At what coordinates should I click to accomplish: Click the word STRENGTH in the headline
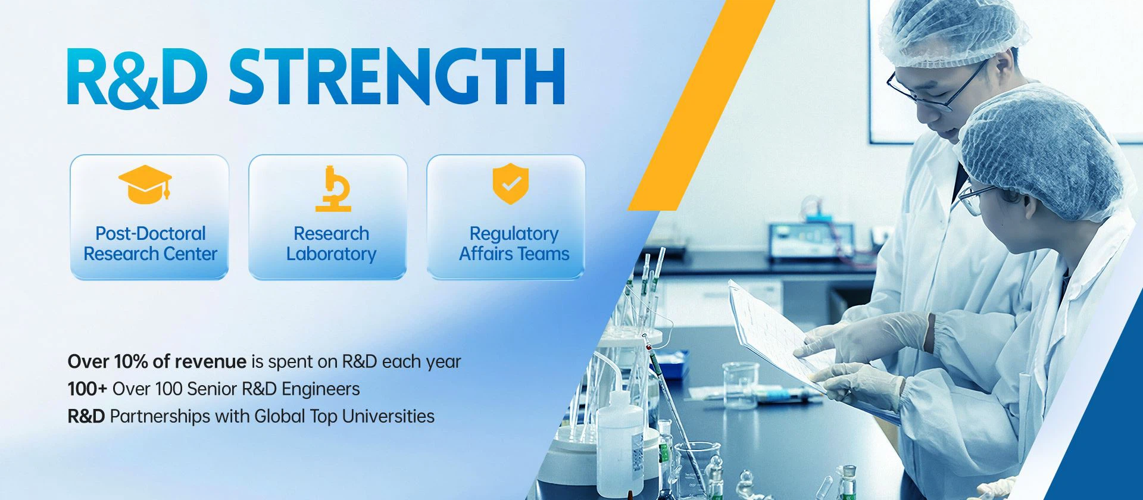[x=396, y=77]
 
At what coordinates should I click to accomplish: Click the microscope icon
[x=333, y=189]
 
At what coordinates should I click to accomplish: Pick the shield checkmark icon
[x=510, y=184]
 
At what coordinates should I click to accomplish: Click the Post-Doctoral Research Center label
[x=150, y=243]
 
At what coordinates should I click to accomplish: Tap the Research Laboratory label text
[x=331, y=243]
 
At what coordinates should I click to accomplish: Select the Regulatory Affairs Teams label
[x=514, y=243]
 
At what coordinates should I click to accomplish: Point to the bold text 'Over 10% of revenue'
[x=157, y=361]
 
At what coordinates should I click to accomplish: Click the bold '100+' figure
[x=87, y=389]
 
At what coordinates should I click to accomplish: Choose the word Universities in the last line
[x=388, y=416]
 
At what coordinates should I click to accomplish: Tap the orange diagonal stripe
[x=701, y=105]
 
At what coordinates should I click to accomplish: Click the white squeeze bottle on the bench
[x=620, y=440]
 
